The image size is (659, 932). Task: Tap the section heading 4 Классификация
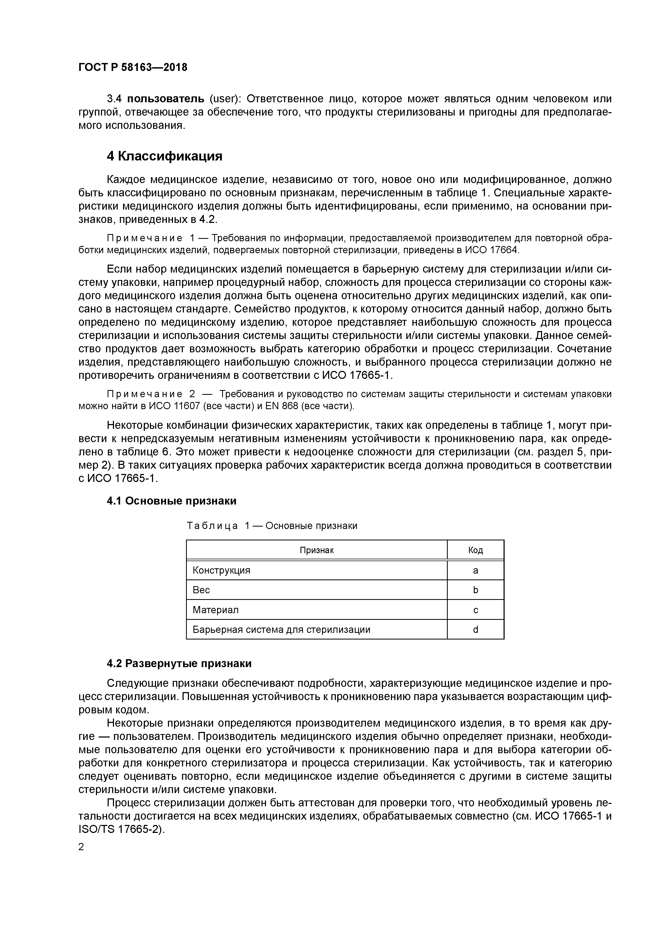[x=164, y=156]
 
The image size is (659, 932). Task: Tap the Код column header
[x=475, y=550]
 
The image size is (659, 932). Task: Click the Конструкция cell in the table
[x=221, y=571]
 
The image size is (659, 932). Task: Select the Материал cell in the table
[x=216, y=610]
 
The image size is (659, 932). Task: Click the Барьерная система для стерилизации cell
[x=281, y=630]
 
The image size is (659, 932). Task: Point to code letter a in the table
[x=475, y=571]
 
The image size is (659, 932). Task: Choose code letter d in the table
[x=475, y=630]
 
